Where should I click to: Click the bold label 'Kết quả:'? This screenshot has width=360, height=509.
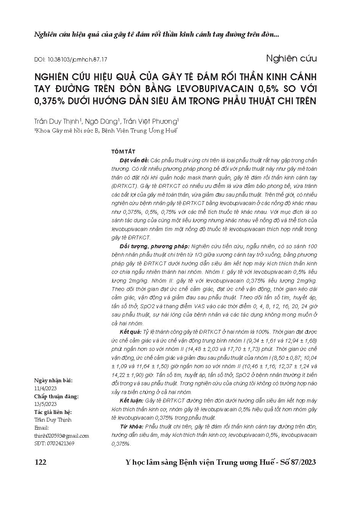(130, 331)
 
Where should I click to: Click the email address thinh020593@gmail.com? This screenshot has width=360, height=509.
(61, 436)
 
